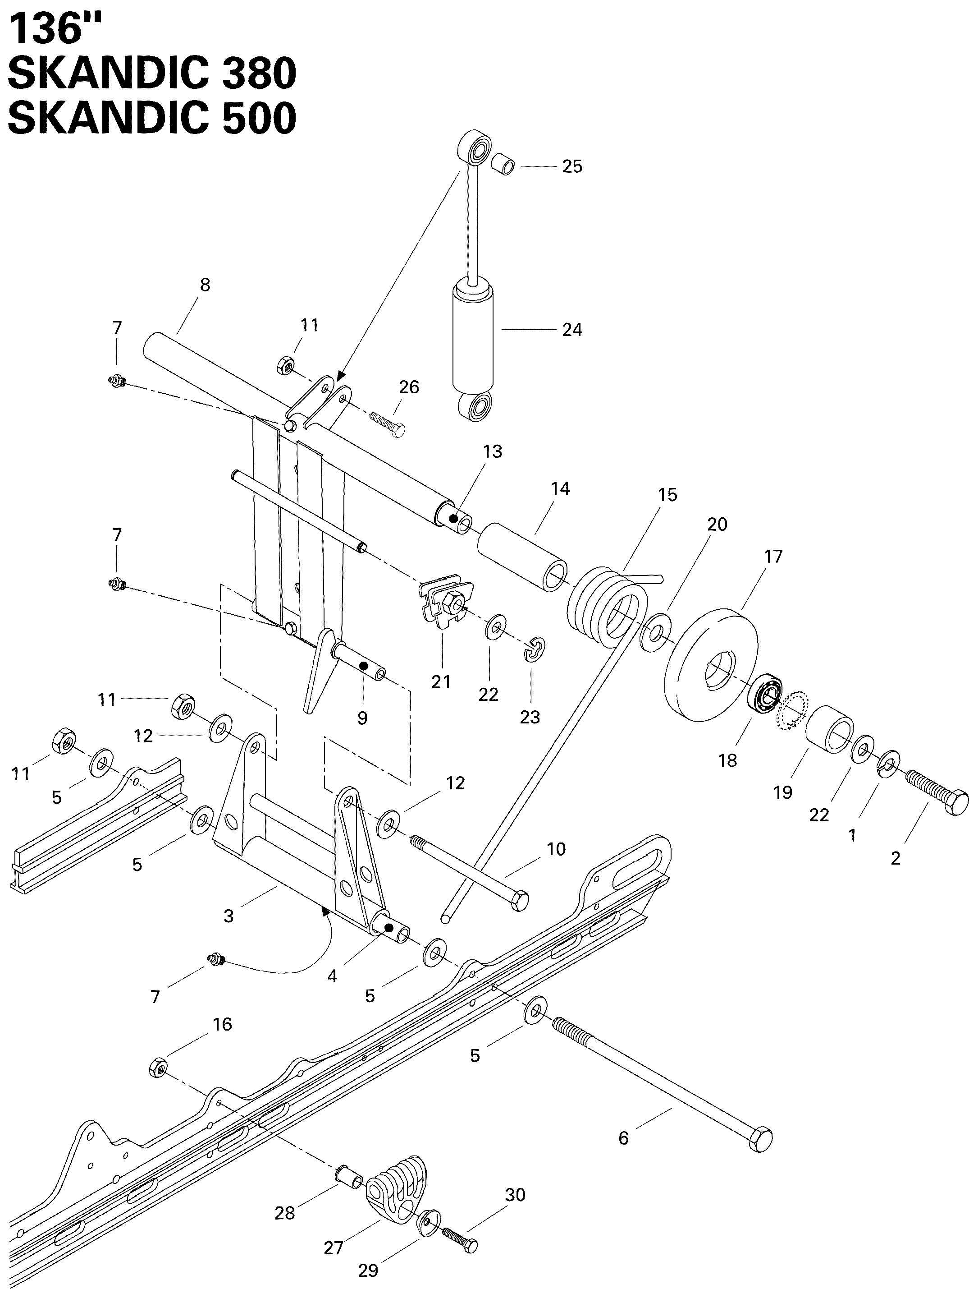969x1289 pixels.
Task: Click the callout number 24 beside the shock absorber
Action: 571,330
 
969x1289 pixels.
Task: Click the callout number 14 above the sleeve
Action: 560,489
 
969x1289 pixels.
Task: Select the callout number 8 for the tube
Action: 205,285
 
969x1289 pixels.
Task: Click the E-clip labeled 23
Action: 535,649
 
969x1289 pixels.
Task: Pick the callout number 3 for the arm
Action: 228,916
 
